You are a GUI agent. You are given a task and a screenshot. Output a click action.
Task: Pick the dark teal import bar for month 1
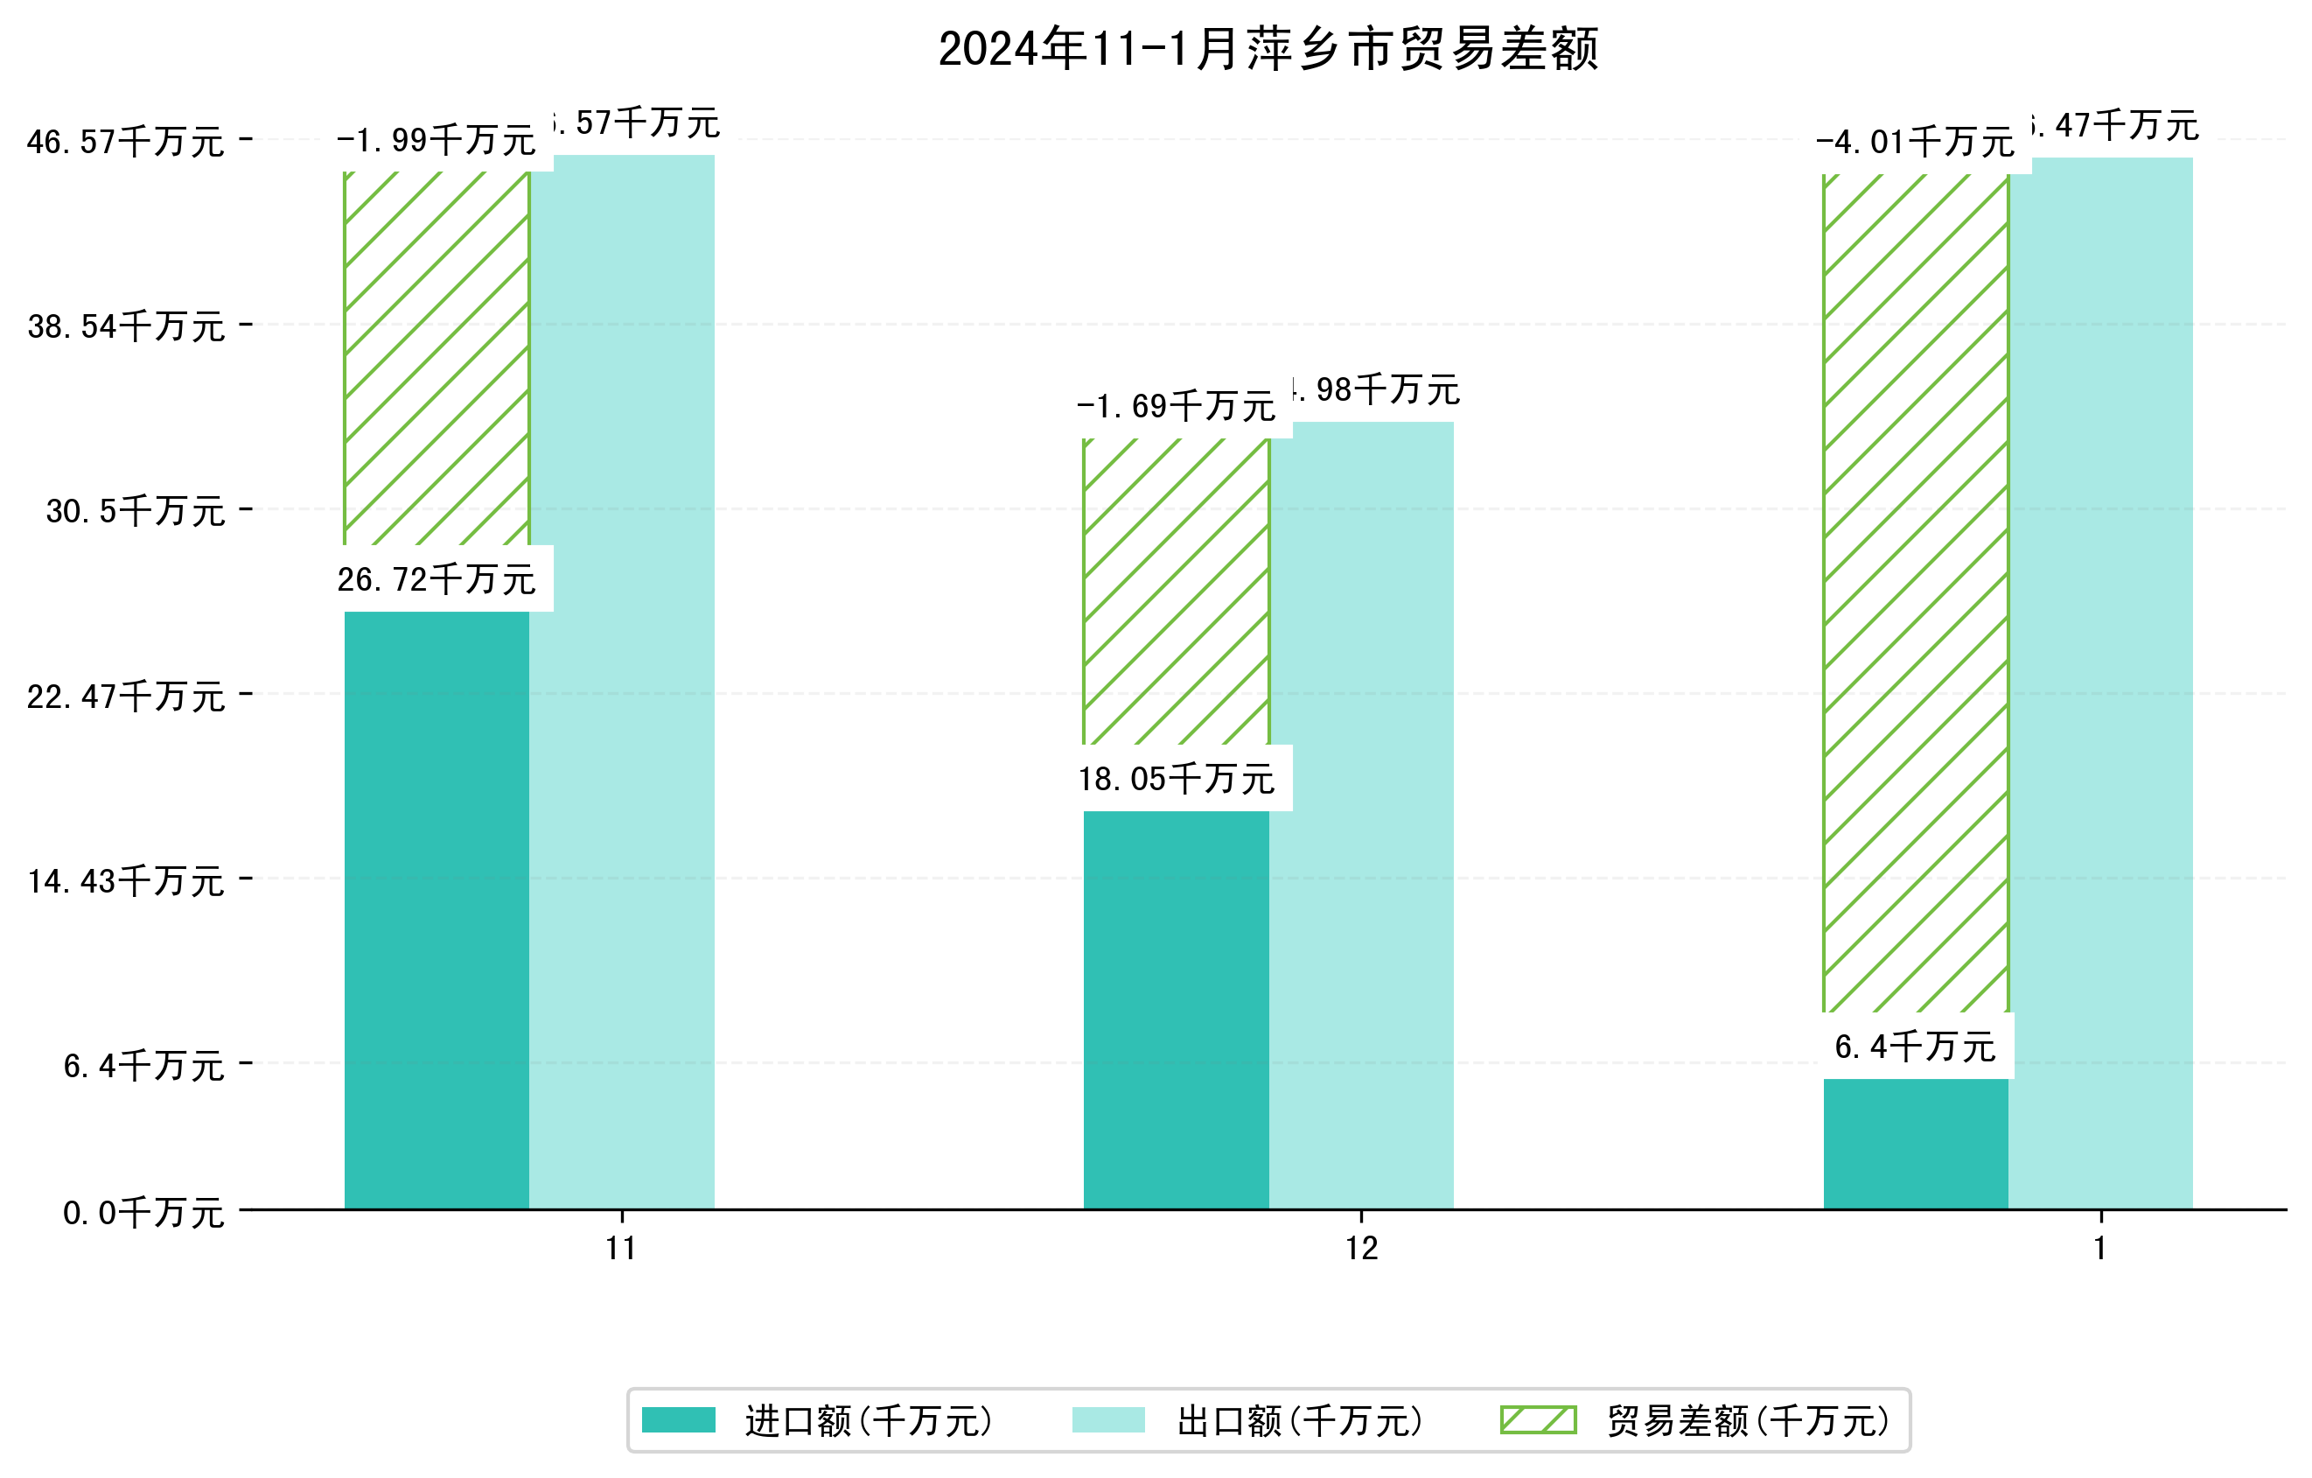pos(1916,1143)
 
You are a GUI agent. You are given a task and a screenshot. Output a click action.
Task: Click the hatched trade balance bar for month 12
pos(1177,591)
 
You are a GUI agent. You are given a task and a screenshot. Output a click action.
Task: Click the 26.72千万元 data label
pos(437,579)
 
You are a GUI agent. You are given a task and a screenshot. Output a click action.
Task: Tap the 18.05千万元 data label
pos(1177,779)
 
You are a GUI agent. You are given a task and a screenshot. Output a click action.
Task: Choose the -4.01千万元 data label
pos(1916,142)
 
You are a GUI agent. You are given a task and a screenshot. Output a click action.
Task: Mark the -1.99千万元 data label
pos(437,140)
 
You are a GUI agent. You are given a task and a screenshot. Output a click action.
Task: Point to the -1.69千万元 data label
pos(1177,406)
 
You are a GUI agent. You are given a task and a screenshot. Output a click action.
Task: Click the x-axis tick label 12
pos(1360,1249)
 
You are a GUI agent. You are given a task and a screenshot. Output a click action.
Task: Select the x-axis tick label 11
pos(621,1249)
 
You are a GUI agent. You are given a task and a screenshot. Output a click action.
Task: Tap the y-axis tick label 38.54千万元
pos(126,326)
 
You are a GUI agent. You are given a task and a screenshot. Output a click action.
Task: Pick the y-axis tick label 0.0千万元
pos(143,1213)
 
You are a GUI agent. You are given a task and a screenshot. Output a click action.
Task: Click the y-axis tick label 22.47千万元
pos(126,697)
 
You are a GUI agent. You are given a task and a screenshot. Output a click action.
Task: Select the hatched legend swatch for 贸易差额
pos(1538,1419)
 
